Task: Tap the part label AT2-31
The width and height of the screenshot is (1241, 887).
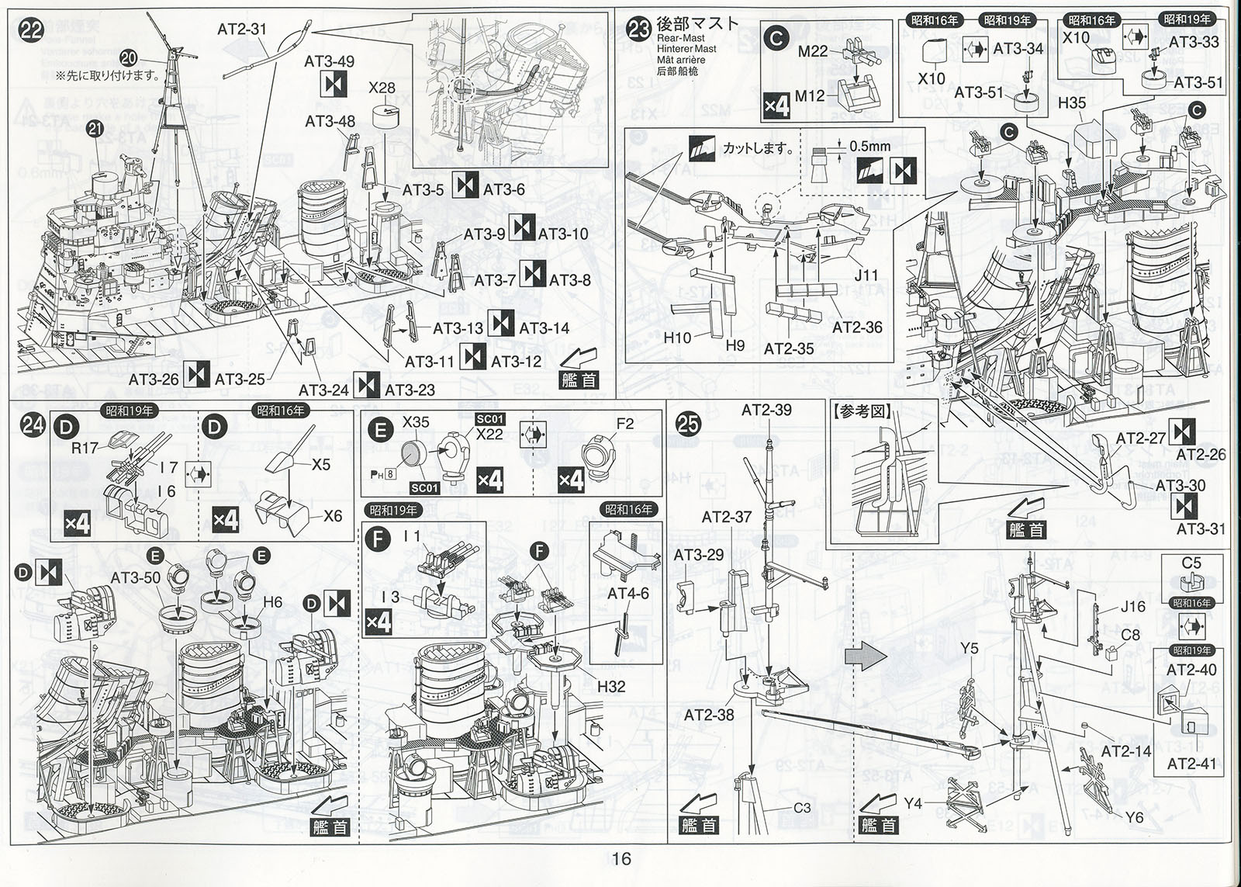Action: (x=241, y=29)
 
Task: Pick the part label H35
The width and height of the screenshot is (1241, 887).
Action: (x=1072, y=102)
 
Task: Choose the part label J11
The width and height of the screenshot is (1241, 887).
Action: (x=866, y=275)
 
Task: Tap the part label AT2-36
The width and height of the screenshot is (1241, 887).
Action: (x=857, y=327)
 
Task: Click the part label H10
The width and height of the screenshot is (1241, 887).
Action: (x=677, y=338)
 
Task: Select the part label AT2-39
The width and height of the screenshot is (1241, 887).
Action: (x=766, y=410)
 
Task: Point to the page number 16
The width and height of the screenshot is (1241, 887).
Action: (x=620, y=858)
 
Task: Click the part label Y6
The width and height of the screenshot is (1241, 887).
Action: (x=1134, y=817)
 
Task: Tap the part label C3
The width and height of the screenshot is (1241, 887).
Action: (x=801, y=808)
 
